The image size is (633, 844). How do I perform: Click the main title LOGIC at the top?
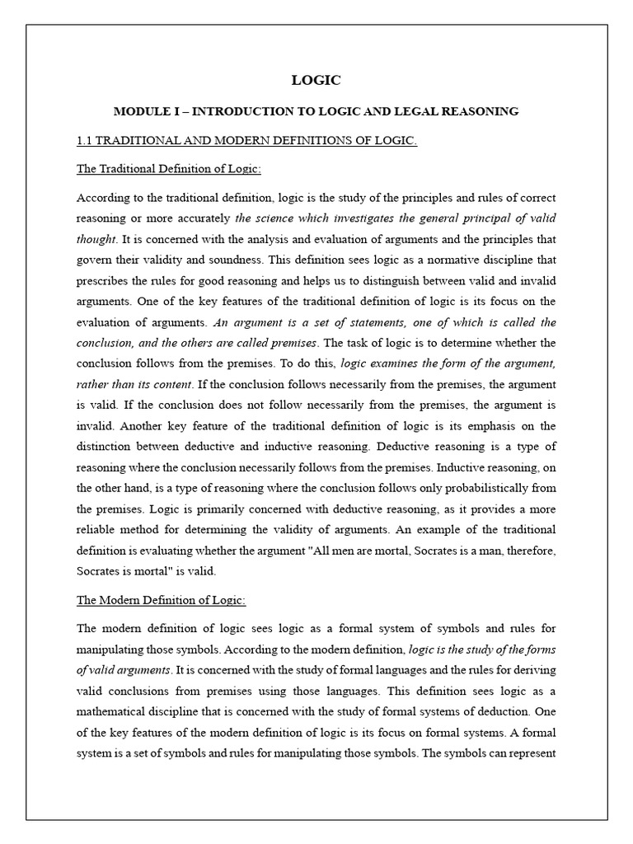(x=316, y=80)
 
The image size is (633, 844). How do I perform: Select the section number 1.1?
(x=85, y=141)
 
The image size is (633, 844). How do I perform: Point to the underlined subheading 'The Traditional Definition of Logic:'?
(x=169, y=169)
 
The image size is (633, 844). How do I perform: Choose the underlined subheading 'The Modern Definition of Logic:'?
(x=161, y=600)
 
